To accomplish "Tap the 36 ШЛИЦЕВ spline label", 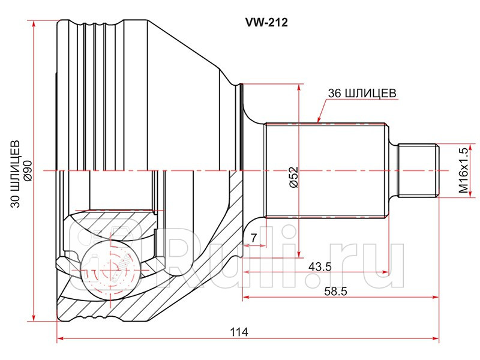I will click(361, 93).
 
